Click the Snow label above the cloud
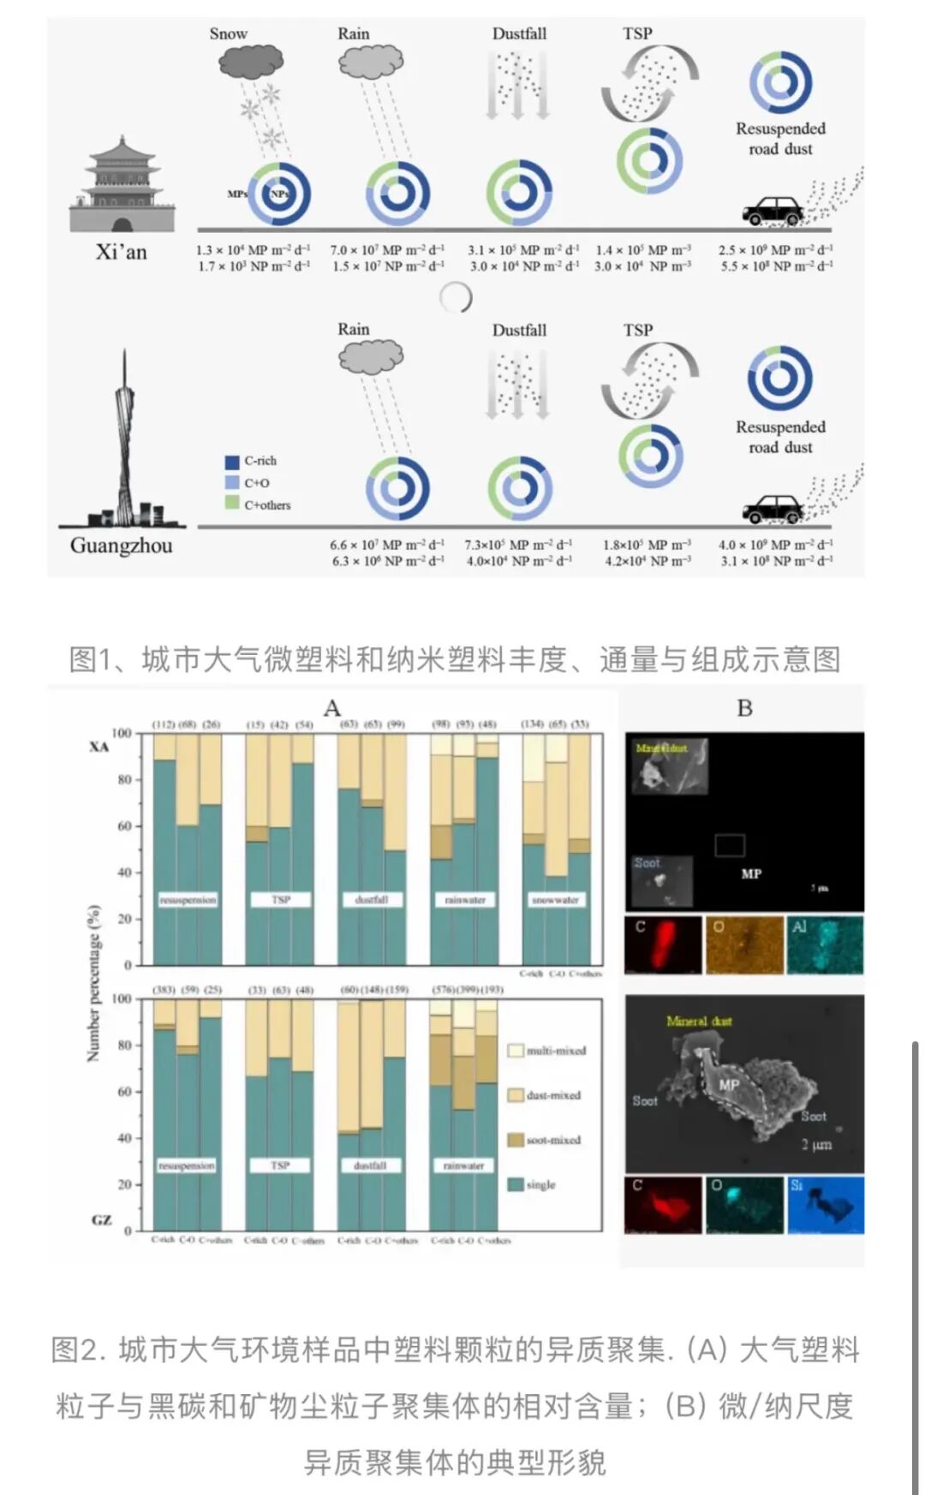click(228, 33)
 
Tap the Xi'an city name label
click(121, 252)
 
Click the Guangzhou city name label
click(121, 545)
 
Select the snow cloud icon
click(251, 61)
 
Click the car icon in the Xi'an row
click(773, 211)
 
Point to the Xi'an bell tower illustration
click(122, 184)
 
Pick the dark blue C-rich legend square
click(232, 462)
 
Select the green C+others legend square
click(232, 504)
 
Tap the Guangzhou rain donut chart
click(397, 489)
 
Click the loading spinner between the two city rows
click(455, 297)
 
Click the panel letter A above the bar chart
click(332, 708)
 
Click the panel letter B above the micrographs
click(744, 708)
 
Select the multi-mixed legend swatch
click(516, 1051)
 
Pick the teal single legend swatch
click(516, 1184)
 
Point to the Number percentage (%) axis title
click(94, 982)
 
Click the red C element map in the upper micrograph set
click(663, 944)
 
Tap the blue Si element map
click(826, 1205)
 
